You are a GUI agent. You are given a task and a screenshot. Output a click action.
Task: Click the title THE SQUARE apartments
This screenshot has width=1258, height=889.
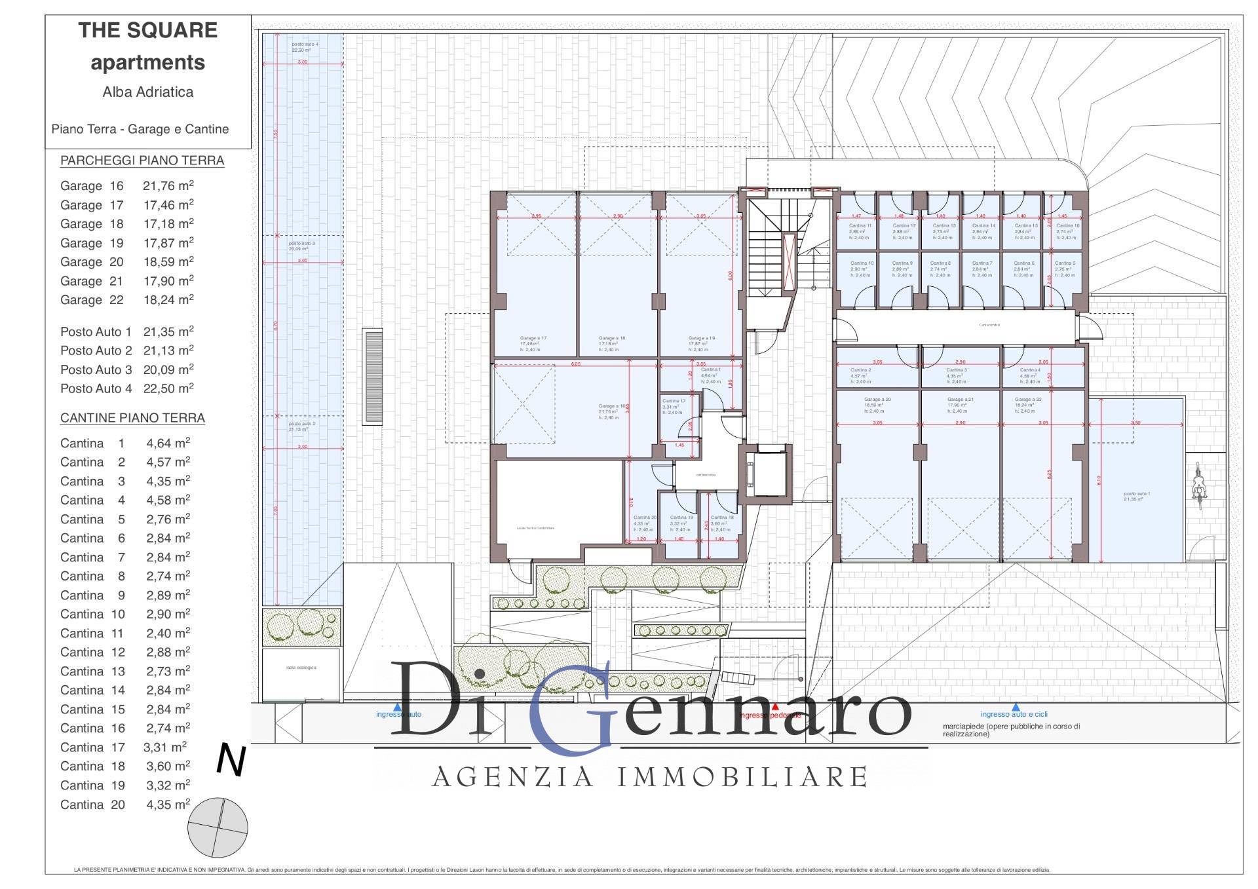pos(148,46)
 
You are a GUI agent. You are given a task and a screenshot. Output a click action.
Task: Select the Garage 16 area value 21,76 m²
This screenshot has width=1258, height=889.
pos(168,186)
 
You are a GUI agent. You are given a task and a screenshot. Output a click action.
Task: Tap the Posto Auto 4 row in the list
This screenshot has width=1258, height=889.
pos(126,388)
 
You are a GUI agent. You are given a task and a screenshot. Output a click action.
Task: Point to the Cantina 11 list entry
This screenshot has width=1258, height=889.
pos(124,634)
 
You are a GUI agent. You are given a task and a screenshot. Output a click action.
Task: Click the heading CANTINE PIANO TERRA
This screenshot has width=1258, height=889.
pos(132,418)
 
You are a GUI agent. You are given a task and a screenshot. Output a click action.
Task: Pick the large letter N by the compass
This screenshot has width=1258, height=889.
pos(231,761)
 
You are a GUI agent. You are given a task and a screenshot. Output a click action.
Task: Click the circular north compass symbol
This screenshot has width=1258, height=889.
pos(218,827)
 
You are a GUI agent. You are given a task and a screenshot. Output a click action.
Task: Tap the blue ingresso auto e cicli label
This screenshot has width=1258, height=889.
pos(1014,714)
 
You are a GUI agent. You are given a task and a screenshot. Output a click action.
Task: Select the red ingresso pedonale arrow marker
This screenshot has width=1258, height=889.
pos(776,707)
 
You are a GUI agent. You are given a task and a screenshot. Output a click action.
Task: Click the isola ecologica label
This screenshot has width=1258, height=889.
pos(301,668)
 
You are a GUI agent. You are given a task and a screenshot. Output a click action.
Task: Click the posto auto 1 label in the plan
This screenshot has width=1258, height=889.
pos(1137,497)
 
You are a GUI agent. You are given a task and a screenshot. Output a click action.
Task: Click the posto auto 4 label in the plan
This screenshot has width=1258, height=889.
pos(301,47)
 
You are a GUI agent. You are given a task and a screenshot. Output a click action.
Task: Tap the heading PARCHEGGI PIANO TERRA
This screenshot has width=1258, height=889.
pos(142,161)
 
